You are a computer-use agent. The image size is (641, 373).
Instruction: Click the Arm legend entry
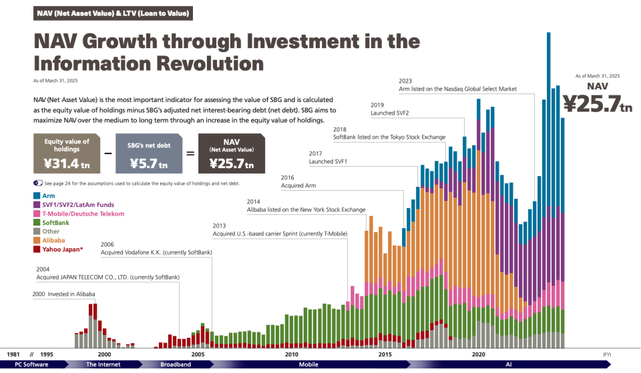click(x=49, y=196)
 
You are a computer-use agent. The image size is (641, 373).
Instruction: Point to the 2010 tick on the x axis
click(x=291, y=354)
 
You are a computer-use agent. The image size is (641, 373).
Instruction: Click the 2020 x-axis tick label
click(x=478, y=354)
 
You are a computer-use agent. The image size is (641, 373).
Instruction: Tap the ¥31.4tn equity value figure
click(x=66, y=162)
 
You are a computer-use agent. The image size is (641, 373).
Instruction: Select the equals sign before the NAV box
click(x=190, y=153)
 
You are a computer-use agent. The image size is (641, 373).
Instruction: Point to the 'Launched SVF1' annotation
click(x=328, y=161)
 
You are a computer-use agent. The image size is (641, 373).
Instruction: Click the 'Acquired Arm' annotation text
click(x=298, y=186)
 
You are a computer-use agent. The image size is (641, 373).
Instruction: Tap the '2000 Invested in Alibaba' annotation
click(x=64, y=294)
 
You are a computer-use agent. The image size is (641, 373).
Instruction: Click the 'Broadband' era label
click(x=176, y=364)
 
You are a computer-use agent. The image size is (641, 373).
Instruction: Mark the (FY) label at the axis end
click(x=607, y=354)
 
